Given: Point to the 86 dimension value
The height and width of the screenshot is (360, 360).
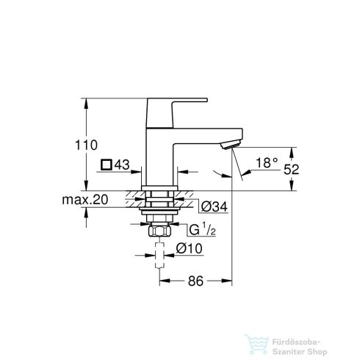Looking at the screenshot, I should click(x=196, y=280).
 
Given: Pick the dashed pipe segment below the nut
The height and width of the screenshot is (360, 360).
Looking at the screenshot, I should click(x=159, y=259).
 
